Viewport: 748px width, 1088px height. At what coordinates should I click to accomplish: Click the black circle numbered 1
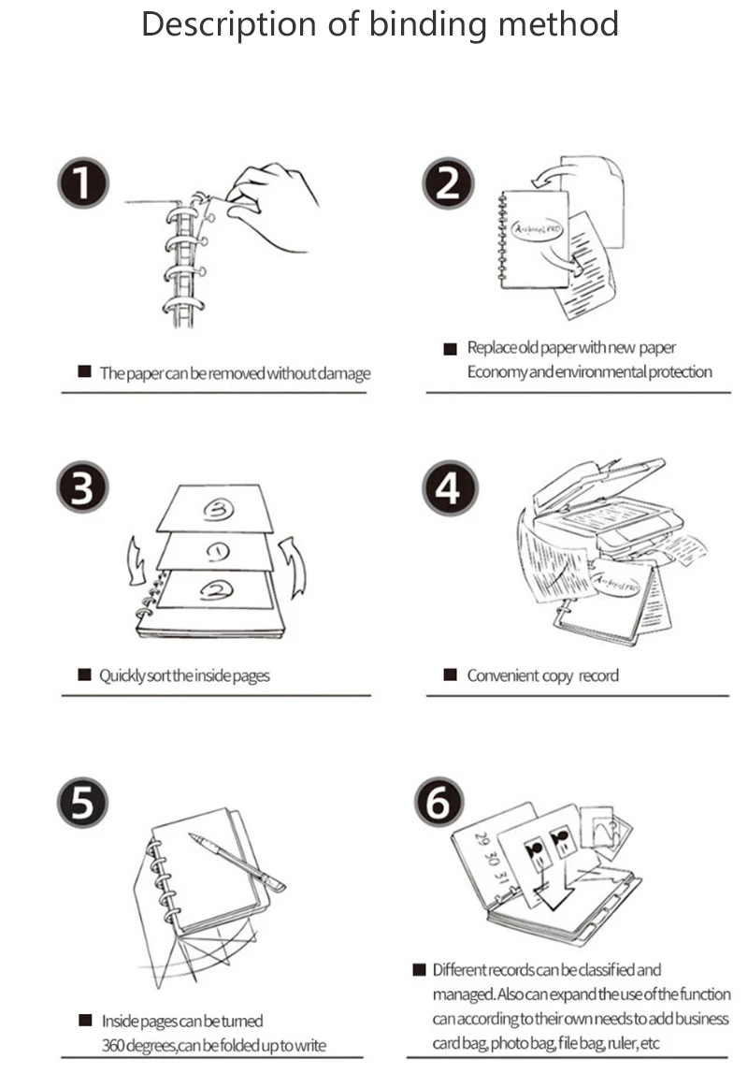point(83,182)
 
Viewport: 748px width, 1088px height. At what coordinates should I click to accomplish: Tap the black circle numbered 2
point(448,182)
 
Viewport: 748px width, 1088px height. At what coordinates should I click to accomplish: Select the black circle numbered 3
point(82,488)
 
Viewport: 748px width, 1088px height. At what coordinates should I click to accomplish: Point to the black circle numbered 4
point(448,488)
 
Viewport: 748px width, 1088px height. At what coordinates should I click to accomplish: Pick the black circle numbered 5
point(82,803)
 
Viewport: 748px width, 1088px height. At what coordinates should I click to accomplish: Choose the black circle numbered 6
point(439,803)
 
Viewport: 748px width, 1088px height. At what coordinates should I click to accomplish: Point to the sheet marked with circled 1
point(217,551)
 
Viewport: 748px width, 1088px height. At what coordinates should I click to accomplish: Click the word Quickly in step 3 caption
point(122,675)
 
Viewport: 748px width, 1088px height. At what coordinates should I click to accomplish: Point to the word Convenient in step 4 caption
point(504,675)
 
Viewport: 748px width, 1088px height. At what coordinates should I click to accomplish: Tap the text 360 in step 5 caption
point(113,1044)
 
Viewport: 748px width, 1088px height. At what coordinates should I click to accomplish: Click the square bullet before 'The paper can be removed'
point(84,372)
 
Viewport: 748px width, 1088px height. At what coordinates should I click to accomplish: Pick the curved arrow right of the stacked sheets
point(295,566)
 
